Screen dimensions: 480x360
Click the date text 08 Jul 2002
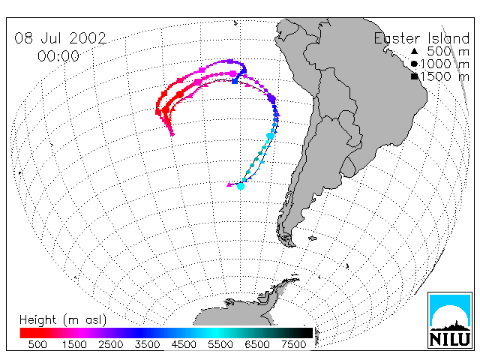point(60,38)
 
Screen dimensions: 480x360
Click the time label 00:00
point(58,56)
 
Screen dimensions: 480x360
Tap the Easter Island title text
point(421,38)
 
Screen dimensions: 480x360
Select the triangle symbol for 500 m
point(414,51)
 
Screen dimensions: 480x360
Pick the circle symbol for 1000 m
point(414,64)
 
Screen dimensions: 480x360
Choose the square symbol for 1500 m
point(414,76)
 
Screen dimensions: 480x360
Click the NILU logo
point(450,320)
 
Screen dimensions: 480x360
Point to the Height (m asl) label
point(63,320)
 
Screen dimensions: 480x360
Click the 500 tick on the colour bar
point(37,344)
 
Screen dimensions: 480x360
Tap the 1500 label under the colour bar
point(74,344)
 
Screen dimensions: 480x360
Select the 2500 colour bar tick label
point(111,344)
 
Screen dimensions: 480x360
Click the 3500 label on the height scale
point(147,344)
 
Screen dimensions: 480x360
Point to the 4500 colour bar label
point(184,344)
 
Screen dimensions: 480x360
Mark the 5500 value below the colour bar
point(220,344)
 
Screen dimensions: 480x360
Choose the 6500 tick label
point(256,344)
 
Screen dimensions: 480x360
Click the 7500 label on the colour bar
point(293,344)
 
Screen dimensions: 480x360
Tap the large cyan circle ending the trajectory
point(241,186)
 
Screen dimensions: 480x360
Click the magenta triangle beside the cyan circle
point(229,184)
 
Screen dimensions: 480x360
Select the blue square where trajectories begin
point(235,81)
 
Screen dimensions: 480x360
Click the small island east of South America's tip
point(313,238)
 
